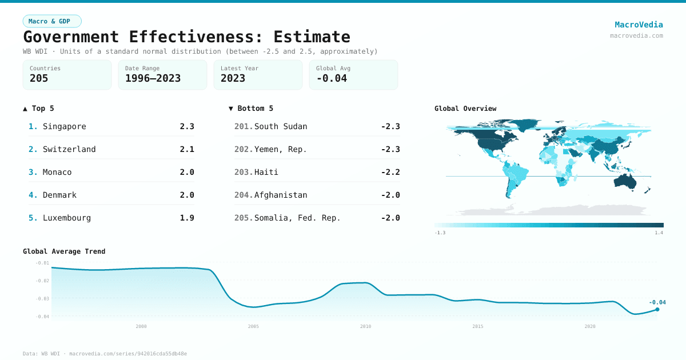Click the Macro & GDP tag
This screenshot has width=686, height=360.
tap(52, 21)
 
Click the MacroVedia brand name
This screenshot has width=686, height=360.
tap(639, 25)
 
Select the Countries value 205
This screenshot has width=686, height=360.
tap(39, 78)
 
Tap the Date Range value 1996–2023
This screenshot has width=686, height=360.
tap(153, 78)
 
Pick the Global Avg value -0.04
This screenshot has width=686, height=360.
tap(332, 78)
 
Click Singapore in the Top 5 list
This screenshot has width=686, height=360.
tap(64, 126)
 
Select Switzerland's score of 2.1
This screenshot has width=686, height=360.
tap(187, 149)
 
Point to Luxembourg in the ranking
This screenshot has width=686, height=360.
tap(66, 218)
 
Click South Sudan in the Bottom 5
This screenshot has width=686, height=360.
tap(280, 126)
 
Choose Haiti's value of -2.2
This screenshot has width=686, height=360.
tap(390, 172)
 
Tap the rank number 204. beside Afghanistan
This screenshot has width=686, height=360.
tap(244, 195)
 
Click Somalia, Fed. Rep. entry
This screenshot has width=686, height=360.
tap(297, 218)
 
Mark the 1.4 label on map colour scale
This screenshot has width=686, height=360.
tap(659, 233)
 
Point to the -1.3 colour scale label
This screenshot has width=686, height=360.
tap(440, 233)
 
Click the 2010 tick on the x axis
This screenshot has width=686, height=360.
tap(365, 326)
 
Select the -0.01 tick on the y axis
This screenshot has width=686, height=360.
tap(42, 263)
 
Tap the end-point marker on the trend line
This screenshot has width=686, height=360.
tap(657, 309)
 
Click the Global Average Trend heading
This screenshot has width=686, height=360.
tap(64, 251)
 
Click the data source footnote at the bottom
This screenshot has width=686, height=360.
tap(105, 354)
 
